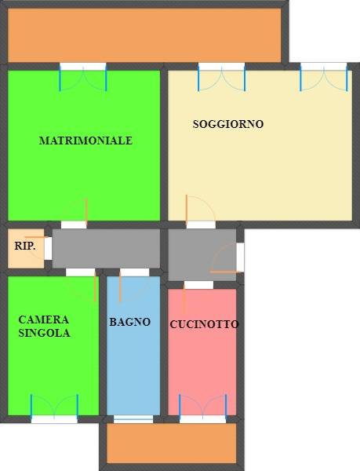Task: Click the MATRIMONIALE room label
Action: tap(85, 141)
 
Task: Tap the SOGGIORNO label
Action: tap(228, 124)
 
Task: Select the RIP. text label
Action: tap(25, 246)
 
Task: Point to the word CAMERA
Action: tap(44, 319)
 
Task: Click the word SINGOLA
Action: tap(44, 333)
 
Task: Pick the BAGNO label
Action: tap(129, 322)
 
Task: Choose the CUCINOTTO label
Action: tap(204, 324)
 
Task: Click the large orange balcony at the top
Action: tap(144, 35)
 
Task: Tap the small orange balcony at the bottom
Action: tap(171, 444)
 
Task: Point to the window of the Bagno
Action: tap(133, 418)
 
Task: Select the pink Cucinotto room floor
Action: tap(202, 369)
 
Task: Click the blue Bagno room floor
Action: tap(133, 369)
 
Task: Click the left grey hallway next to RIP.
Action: tap(106, 248)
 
